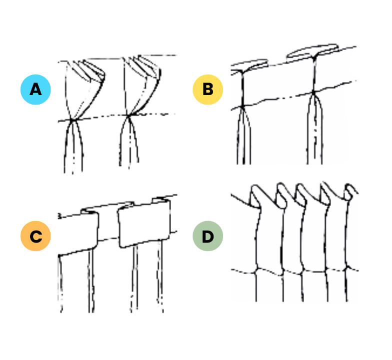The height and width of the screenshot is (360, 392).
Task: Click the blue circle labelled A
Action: [35, 89]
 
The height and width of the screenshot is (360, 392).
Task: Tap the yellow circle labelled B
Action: [208, 89]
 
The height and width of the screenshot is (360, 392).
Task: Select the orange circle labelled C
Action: [35, 236]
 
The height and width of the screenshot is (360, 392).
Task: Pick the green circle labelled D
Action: [208, 236]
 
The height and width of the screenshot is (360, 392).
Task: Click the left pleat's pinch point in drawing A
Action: [72, 120]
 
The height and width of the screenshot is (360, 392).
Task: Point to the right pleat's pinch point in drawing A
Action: [128, 115]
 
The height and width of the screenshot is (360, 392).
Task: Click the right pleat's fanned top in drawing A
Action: [144, 67]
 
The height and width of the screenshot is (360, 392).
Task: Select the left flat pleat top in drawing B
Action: [249, 66]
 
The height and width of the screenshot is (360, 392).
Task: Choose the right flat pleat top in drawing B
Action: [313, 51]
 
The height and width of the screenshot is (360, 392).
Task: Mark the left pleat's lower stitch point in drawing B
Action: [242, 107]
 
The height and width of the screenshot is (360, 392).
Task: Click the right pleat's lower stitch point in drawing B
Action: [313, 92]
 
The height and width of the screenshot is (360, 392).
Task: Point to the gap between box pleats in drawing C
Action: [108, 225]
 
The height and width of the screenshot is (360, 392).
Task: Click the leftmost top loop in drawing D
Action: [255, 196]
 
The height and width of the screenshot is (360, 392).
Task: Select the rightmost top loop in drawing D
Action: [350, 192]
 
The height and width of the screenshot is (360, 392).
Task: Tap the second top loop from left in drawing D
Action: [281, 195]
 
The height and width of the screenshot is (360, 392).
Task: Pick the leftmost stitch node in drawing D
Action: [256, 271]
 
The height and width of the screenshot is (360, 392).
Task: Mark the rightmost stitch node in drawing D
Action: [346, 268]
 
